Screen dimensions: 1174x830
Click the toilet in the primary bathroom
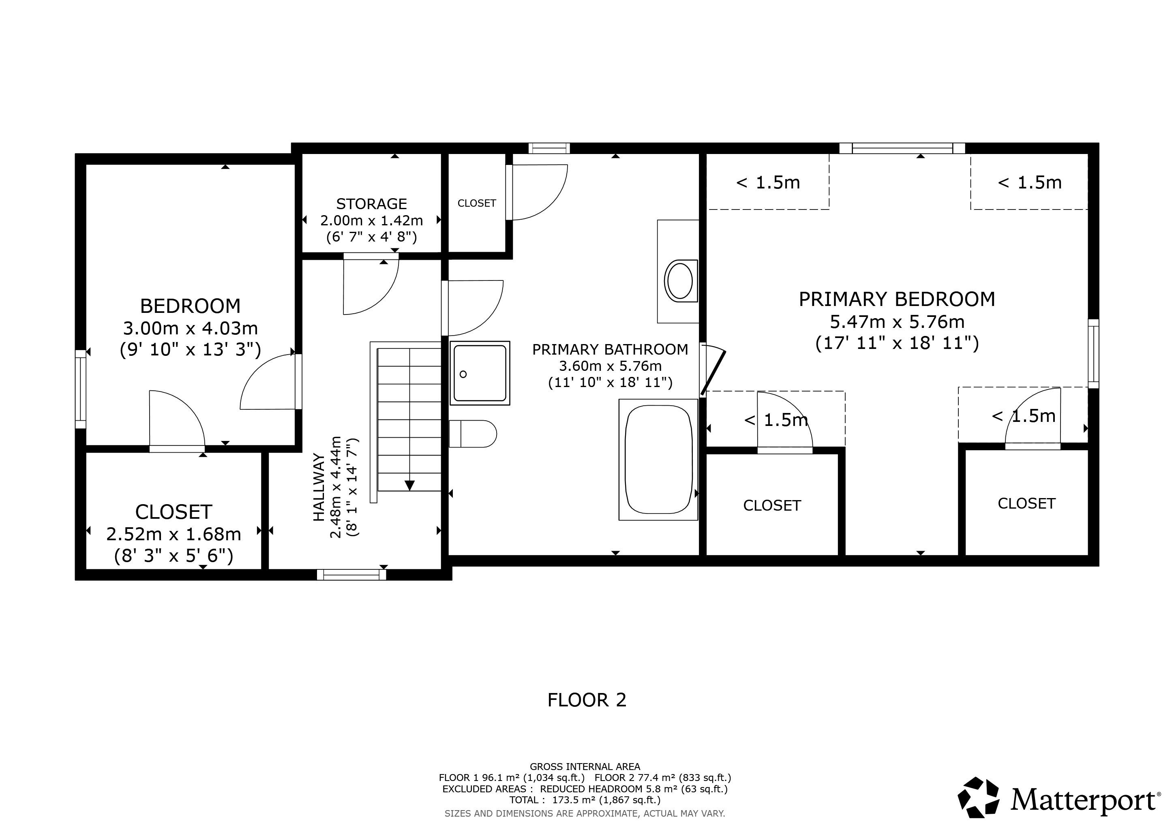point(472,434)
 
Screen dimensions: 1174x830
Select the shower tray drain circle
point(463,374)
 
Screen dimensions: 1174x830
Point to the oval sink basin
point(680,280)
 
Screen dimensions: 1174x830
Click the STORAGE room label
point(372,204)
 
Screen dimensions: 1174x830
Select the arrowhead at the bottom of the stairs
point(409,486)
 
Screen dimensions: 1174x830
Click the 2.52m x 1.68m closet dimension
point(174,534)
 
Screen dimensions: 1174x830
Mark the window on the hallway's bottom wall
point(351,574)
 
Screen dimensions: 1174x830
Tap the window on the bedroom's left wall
point(80,389)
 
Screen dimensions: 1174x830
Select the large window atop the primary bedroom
point(902,148)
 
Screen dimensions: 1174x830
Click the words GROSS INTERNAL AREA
point(585,767)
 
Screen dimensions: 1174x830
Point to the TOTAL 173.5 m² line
point(585,800)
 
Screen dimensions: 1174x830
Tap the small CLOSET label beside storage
point(477,203)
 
